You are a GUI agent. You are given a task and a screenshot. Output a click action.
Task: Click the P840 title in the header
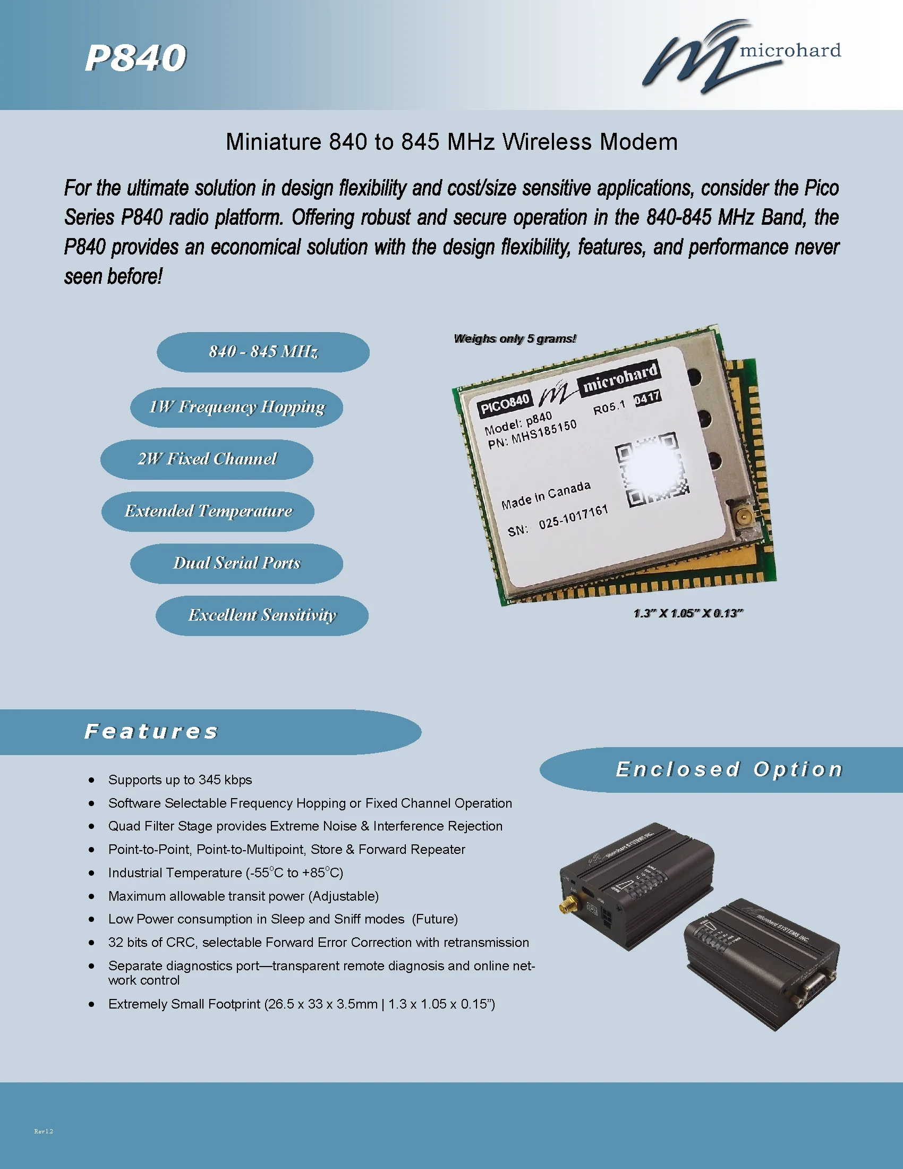tap(135, 58)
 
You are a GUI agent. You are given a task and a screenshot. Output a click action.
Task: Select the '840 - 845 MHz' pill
tap(263, 352)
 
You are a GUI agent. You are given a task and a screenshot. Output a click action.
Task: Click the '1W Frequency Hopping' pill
tap(236, 408)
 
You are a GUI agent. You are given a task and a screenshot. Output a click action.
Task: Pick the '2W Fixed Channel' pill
tap(207, 459)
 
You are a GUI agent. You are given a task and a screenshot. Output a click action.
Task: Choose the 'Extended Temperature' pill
tap(208, 511)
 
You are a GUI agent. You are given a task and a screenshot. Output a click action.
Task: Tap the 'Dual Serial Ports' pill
tap(236, 563)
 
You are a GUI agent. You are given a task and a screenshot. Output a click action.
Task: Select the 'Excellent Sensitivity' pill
tap(262, 615)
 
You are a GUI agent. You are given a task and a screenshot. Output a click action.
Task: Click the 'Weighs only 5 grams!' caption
tap(515, 339)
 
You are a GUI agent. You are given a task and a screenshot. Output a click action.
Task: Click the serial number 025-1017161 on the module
tap(574, 518)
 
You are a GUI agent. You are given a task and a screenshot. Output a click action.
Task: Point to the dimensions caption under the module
tap(688, 613)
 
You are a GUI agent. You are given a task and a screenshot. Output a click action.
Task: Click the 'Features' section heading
tap(151, 731)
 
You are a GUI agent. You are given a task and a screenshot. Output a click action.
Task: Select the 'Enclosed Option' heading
tap(729, 769)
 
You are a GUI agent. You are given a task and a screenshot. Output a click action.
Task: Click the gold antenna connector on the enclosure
tap(566, 907)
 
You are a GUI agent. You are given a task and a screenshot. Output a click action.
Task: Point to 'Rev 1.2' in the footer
tap(44, 1131)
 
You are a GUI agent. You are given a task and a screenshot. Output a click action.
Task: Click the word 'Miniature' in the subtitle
tap(272, 142)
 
